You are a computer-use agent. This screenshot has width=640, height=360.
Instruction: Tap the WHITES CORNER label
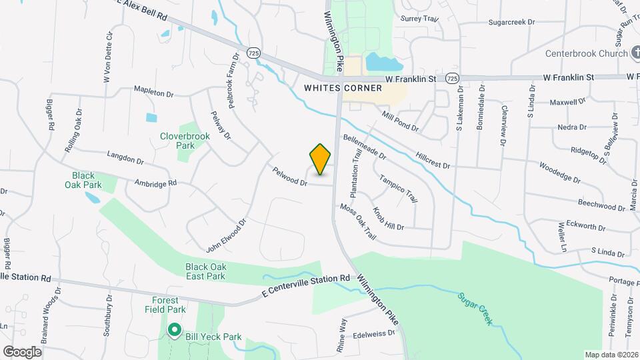(x=343, y=88)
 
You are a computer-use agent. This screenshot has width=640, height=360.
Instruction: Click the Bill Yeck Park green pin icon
(x=175, y=329)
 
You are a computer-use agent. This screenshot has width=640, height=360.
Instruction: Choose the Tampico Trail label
(x=398, y=189)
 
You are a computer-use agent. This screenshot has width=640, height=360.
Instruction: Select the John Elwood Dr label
(x=226, y=237)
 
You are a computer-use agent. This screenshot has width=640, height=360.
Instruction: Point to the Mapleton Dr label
(x=153, y=93)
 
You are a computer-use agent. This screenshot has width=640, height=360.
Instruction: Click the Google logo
(x=22, y=351)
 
